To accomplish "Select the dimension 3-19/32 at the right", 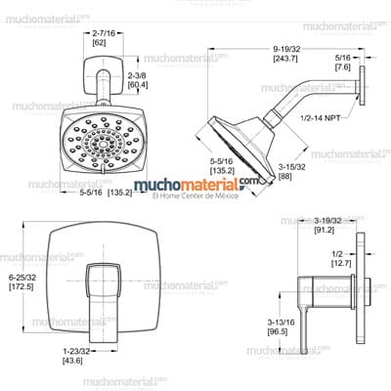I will (329, 222).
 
